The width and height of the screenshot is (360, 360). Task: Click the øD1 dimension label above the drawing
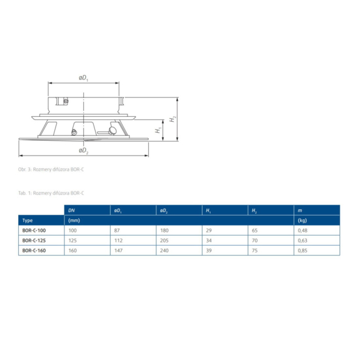click(84, 78)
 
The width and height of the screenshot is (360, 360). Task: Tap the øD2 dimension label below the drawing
click(84, 151)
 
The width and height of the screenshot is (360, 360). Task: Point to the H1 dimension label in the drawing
click(158, 130)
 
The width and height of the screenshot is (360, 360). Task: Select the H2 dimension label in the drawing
click(172, 119)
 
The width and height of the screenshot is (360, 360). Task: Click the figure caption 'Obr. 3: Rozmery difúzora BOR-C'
click(51, 169)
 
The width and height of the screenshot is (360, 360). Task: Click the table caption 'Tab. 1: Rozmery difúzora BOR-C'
click(51, 193)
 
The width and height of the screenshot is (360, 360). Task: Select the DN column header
click(71, 210)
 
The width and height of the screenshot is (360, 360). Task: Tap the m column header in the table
click(300, 210)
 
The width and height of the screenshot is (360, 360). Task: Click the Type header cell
click(27, 221)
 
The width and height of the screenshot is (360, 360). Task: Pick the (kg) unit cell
click(302, 221)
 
